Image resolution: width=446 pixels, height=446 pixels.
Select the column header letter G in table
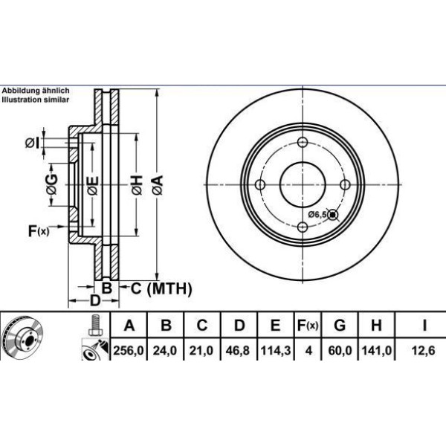[340, 326]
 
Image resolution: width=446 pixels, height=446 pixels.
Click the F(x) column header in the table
[307, 326]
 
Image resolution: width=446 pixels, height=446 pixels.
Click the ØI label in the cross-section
[30, 142]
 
